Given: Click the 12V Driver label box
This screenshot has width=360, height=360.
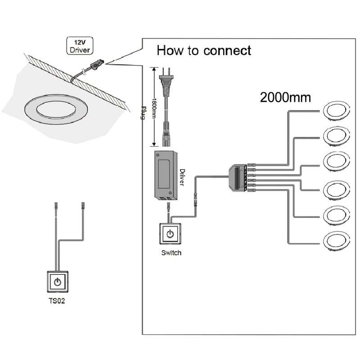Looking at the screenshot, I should (79, 46).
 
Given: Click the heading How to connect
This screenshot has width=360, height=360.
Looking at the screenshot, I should (203, 50).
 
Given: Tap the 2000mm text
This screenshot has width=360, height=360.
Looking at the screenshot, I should (285, 97).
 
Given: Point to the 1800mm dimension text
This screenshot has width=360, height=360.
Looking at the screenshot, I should (154, 107).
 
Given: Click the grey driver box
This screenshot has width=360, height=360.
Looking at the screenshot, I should (166, 175).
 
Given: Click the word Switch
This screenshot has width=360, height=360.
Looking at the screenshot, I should (171, 253).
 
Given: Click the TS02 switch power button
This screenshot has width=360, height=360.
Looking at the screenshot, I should (57, 282).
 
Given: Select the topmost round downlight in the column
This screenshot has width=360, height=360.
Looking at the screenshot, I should (336, 110).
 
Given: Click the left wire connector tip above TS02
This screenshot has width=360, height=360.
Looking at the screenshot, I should (56, 205).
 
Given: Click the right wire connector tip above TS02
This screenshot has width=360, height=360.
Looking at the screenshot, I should (83, 205).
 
